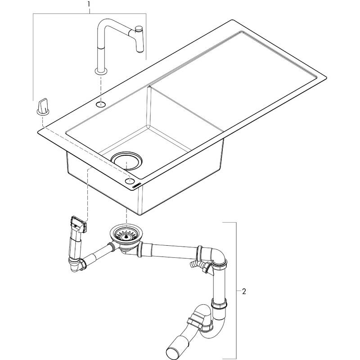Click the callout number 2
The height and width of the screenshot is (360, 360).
243,292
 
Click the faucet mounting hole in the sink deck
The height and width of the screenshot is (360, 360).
100,104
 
